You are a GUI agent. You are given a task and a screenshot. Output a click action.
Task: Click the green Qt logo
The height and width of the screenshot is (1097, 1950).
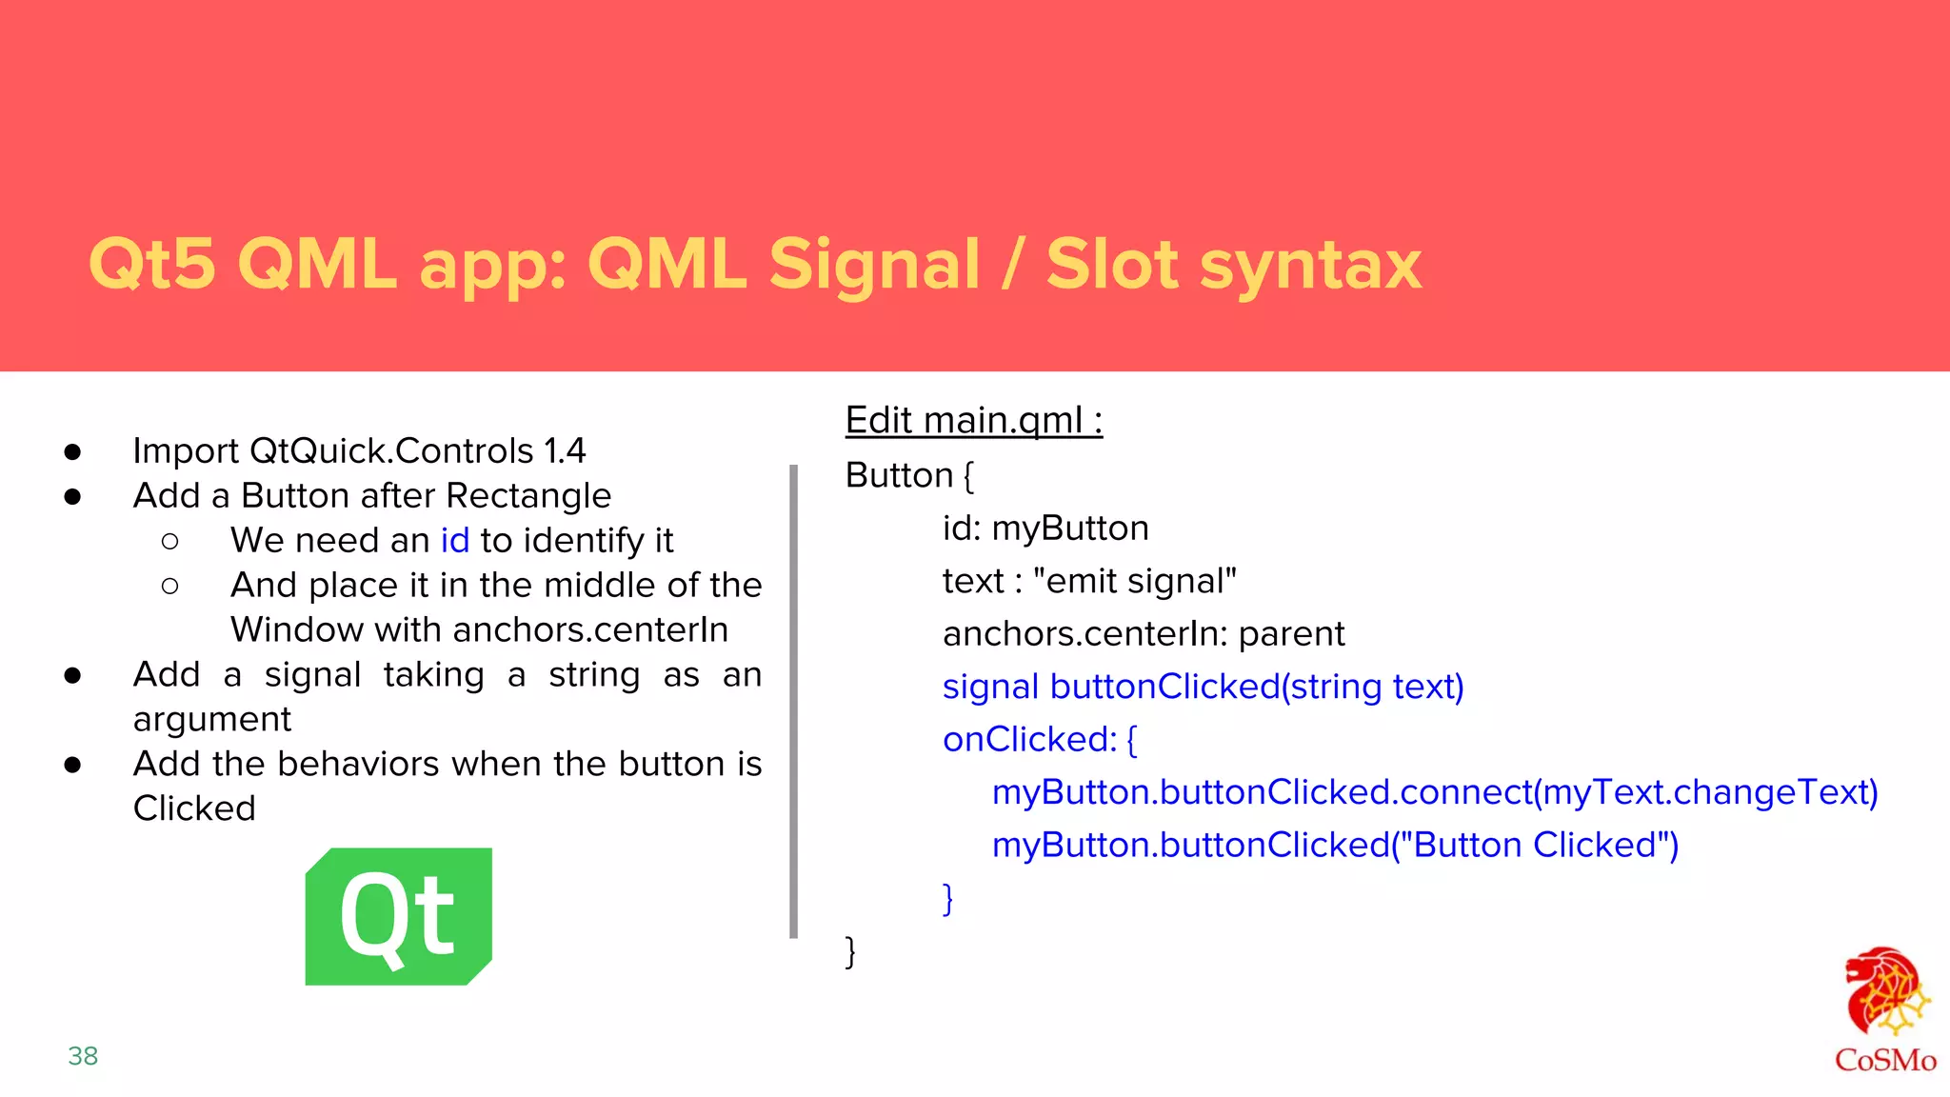398,916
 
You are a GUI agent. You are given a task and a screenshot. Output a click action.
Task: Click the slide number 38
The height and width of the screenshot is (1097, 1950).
83,1056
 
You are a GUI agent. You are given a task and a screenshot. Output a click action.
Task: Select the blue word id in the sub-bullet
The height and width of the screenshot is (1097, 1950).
454,540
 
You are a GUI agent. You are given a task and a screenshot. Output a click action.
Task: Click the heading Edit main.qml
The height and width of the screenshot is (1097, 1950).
973,420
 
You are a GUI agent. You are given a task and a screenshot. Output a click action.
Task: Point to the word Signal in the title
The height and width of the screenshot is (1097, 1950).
874,264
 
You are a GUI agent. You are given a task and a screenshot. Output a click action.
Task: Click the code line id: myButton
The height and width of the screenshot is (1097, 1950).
1045,528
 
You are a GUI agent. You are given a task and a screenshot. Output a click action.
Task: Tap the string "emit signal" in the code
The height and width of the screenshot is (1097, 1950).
1134,581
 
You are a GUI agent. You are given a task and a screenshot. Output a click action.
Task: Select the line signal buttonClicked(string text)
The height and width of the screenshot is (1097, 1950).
1203,687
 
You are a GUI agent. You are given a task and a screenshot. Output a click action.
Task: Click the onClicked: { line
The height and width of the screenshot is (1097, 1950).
1039,739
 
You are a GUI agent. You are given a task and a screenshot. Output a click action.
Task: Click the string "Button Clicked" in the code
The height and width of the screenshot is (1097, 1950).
1535,845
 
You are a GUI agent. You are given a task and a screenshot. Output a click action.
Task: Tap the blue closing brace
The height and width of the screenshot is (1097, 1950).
947,898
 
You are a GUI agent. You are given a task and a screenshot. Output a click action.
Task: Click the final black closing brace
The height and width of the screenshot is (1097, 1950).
850,950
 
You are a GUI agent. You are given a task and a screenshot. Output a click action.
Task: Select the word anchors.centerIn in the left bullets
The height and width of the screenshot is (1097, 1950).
590,629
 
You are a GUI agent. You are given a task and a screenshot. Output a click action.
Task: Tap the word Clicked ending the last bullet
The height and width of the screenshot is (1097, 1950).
194,808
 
